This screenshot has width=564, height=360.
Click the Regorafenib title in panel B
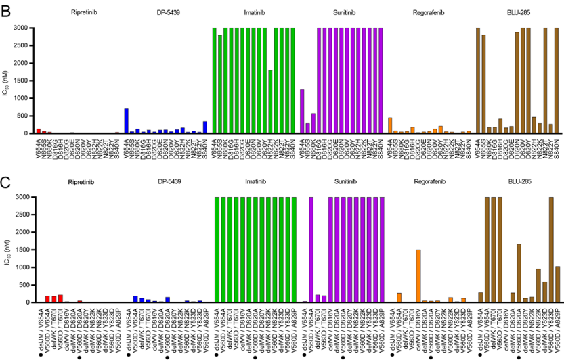tap(430, 13)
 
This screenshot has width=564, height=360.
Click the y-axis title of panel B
tap(6, 81)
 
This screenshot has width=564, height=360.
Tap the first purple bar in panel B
tap(302, 111)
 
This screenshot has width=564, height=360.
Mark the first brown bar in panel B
tap(478, 81)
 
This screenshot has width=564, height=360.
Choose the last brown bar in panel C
tap(557, 284)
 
